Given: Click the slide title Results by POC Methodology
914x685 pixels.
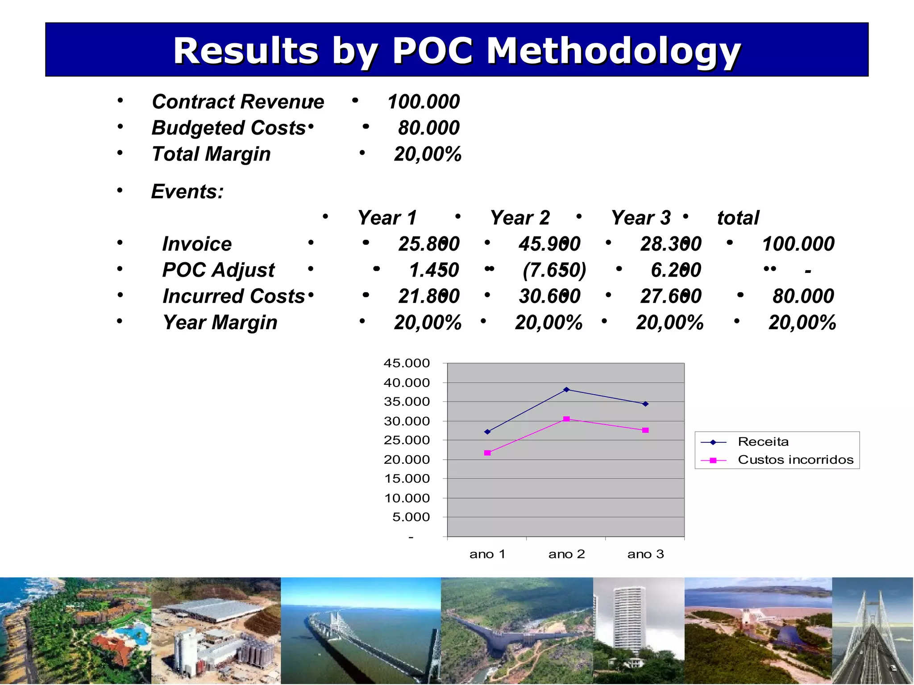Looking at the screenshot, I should (x=457, y=50).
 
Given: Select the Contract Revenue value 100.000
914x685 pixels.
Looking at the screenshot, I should (x=423, y=102).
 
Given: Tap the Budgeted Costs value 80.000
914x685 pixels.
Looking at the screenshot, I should (x=428, y=128).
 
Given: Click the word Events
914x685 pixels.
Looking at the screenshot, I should (x=187, y=192).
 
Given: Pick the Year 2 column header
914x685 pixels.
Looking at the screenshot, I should (x=519, y=218).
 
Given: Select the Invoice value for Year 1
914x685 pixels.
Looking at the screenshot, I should (x=428, y=244).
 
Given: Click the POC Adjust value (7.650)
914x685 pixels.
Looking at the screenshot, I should (x=554, y=270).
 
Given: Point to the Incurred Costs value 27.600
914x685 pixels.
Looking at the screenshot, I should (x=670, y=296).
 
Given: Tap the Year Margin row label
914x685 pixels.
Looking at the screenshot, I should (x=220, y=322).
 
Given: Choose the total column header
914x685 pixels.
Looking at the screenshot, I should (x=738, y=218).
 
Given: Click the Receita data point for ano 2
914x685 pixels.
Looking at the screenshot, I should (x=566, y=389).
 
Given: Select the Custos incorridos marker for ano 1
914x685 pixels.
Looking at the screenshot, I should (x=487, y=453).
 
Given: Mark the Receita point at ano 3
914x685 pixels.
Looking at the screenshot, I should (x=645, y=404).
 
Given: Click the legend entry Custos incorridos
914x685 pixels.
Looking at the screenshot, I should (x=795, y=460).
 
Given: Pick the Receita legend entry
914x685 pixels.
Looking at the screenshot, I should (x=763, y=442).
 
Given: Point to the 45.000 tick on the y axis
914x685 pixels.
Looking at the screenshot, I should (x=407, y=363).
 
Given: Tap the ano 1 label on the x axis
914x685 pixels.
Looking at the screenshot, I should (x=487, y=554).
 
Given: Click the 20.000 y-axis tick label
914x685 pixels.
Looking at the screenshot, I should (x=407, y=460).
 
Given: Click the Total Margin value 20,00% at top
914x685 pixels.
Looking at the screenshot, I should (x=428, y=154).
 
